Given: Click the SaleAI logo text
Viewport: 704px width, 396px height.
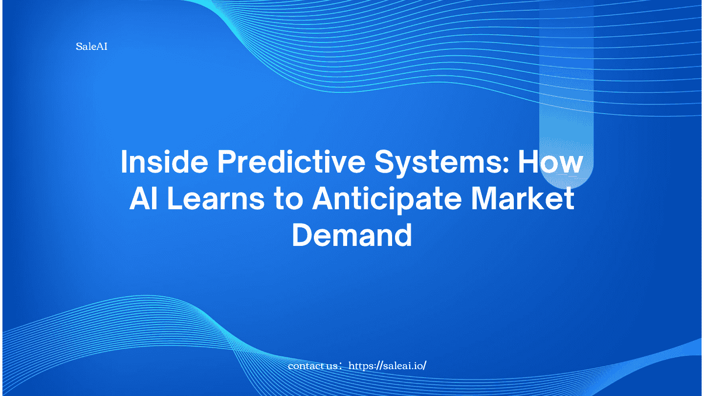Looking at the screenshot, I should [91, 47].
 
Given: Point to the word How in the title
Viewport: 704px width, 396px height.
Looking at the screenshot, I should [550, 162].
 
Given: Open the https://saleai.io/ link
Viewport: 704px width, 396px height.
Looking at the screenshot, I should [387, 366].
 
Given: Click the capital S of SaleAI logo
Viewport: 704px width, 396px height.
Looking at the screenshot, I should [79, 47].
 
